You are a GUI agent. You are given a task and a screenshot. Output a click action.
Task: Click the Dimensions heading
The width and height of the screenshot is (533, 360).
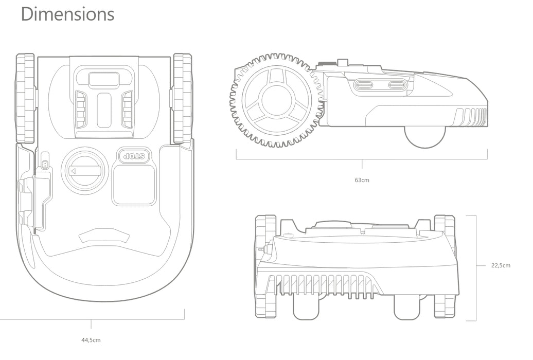(x=67, y=14)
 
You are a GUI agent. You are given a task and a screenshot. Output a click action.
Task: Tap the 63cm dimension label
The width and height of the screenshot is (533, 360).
(x=362, y=181)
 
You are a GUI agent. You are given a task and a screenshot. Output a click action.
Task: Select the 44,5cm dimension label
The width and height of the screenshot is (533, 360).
(x=91, y=340)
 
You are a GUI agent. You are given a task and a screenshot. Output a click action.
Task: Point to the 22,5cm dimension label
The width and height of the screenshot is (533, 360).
(x=501, y=265)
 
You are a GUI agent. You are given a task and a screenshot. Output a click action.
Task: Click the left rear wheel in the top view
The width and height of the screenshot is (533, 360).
(x=26, y=98)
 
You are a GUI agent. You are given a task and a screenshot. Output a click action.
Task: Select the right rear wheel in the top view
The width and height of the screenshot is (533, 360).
(x=183, y=98)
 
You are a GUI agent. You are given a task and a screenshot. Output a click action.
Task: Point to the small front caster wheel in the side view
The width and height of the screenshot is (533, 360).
(x=425, y=136)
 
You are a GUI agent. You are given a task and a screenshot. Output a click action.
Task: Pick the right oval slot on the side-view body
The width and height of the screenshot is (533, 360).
(x=396, y=85)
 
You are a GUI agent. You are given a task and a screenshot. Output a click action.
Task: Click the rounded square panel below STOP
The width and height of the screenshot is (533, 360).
(x=133, y=184)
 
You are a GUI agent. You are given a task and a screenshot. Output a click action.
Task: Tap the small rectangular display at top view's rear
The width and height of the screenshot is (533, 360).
(x=103, y=80)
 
